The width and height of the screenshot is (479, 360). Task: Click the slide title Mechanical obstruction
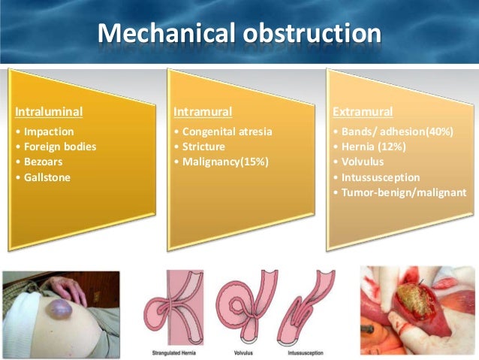tap(239, 34)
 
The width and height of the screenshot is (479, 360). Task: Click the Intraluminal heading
tap(49, 113)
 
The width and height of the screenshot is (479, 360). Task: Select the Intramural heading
tap(203, 113)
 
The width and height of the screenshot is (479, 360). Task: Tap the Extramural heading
tap(362, 113)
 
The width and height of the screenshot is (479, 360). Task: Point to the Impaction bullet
tap(47, 132)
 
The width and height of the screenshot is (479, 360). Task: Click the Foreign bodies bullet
tap(59, 147)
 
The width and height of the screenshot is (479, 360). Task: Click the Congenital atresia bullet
tap(225, 132)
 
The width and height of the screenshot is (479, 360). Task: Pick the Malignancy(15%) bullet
tap(223, 162)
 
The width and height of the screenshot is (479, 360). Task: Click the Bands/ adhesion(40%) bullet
tap(395, 132)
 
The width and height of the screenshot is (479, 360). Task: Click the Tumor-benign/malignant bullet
tap(398, 193)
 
